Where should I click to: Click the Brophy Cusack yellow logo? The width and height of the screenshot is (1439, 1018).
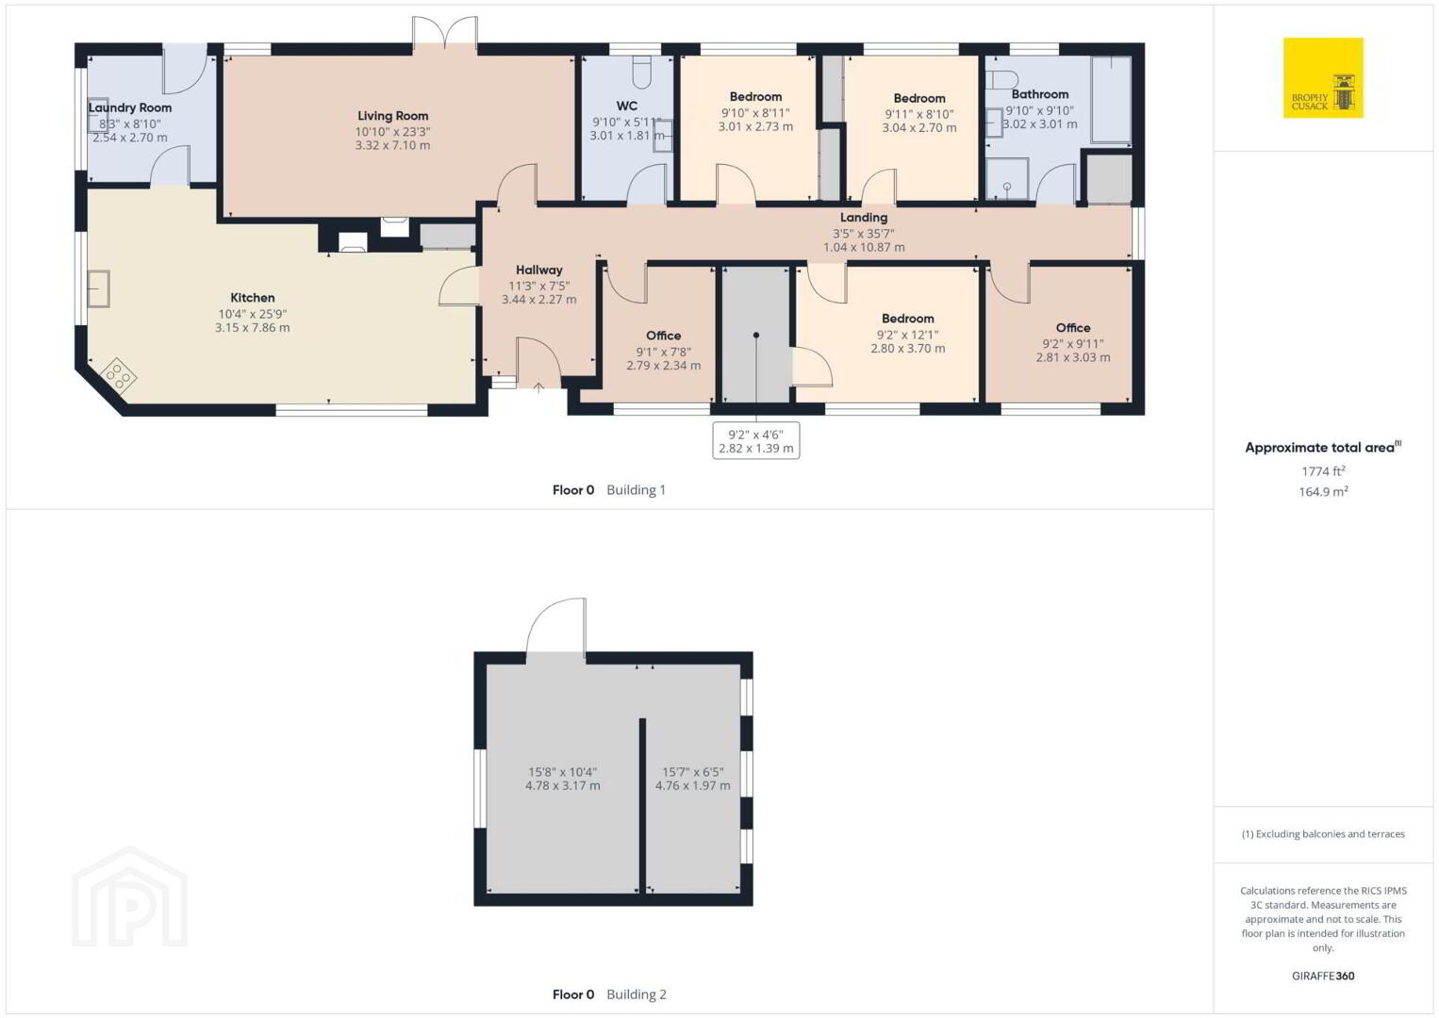click(1323, 77)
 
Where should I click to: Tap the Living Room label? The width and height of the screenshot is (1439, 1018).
click(392, 116)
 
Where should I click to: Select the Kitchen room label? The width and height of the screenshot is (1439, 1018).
click(253, 297)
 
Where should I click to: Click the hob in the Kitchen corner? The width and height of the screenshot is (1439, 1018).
click(118, 374)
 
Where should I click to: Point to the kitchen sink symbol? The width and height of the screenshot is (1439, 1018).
click(98, 288)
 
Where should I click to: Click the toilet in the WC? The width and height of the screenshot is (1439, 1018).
click(642, 72)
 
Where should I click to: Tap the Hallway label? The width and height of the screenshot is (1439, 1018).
click(539, 270)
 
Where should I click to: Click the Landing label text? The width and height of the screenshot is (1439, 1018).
click(864, 217)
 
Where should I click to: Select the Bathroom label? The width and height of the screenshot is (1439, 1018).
click(1039, 93)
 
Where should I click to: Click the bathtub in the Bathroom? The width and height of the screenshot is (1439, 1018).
click(1112, 100)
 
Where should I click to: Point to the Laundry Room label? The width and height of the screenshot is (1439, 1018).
click(130, 107)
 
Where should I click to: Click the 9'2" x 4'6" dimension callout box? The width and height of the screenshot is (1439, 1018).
click(756, 440)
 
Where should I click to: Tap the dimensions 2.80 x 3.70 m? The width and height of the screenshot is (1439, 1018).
click(908, 348)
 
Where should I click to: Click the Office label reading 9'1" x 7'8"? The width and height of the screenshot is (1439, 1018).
click(664, 336)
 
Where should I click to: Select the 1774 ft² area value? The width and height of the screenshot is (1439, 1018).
click(1323, 470)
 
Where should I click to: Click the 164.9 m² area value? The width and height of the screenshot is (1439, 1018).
click(1323, 491)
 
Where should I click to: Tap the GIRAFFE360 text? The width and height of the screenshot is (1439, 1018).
click(1323, 976)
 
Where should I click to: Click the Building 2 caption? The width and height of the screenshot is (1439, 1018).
click(637, 994)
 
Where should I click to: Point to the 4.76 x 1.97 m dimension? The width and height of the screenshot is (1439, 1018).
click(692, 785)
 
